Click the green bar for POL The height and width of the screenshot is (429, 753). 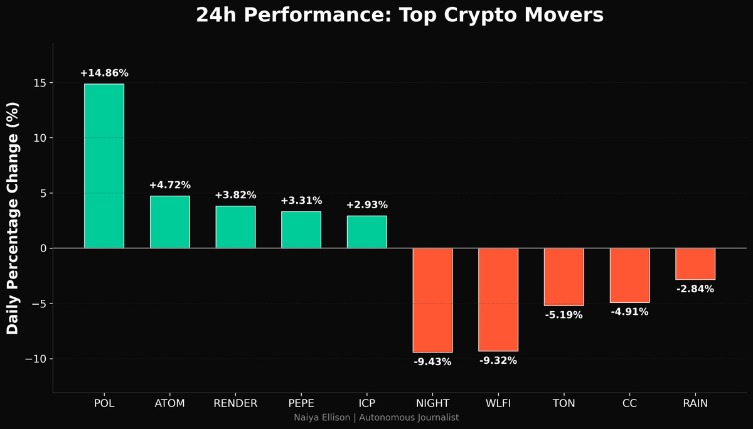(104, 166)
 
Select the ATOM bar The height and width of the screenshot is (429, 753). (169, 222)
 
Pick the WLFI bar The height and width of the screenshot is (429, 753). (498, 299)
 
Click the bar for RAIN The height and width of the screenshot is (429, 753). (695, 264)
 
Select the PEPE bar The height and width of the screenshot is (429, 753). (301, 230)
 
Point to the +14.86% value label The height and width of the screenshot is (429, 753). (104, 73)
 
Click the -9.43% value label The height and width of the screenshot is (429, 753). (432, 362)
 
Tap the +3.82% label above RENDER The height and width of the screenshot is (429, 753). (235, 195)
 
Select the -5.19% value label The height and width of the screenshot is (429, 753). (563, 315)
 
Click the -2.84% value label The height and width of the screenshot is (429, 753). (695, 289)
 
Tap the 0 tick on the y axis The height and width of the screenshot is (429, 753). (42, 248)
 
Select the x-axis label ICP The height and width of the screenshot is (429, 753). (366, 403)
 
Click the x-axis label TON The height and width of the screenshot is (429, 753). (563, 403)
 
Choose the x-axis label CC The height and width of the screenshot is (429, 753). (629, 403)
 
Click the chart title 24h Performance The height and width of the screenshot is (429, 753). (399, 15)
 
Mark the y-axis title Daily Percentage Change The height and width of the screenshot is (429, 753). (13, 218)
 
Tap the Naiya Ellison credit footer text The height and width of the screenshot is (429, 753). (376, 418)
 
